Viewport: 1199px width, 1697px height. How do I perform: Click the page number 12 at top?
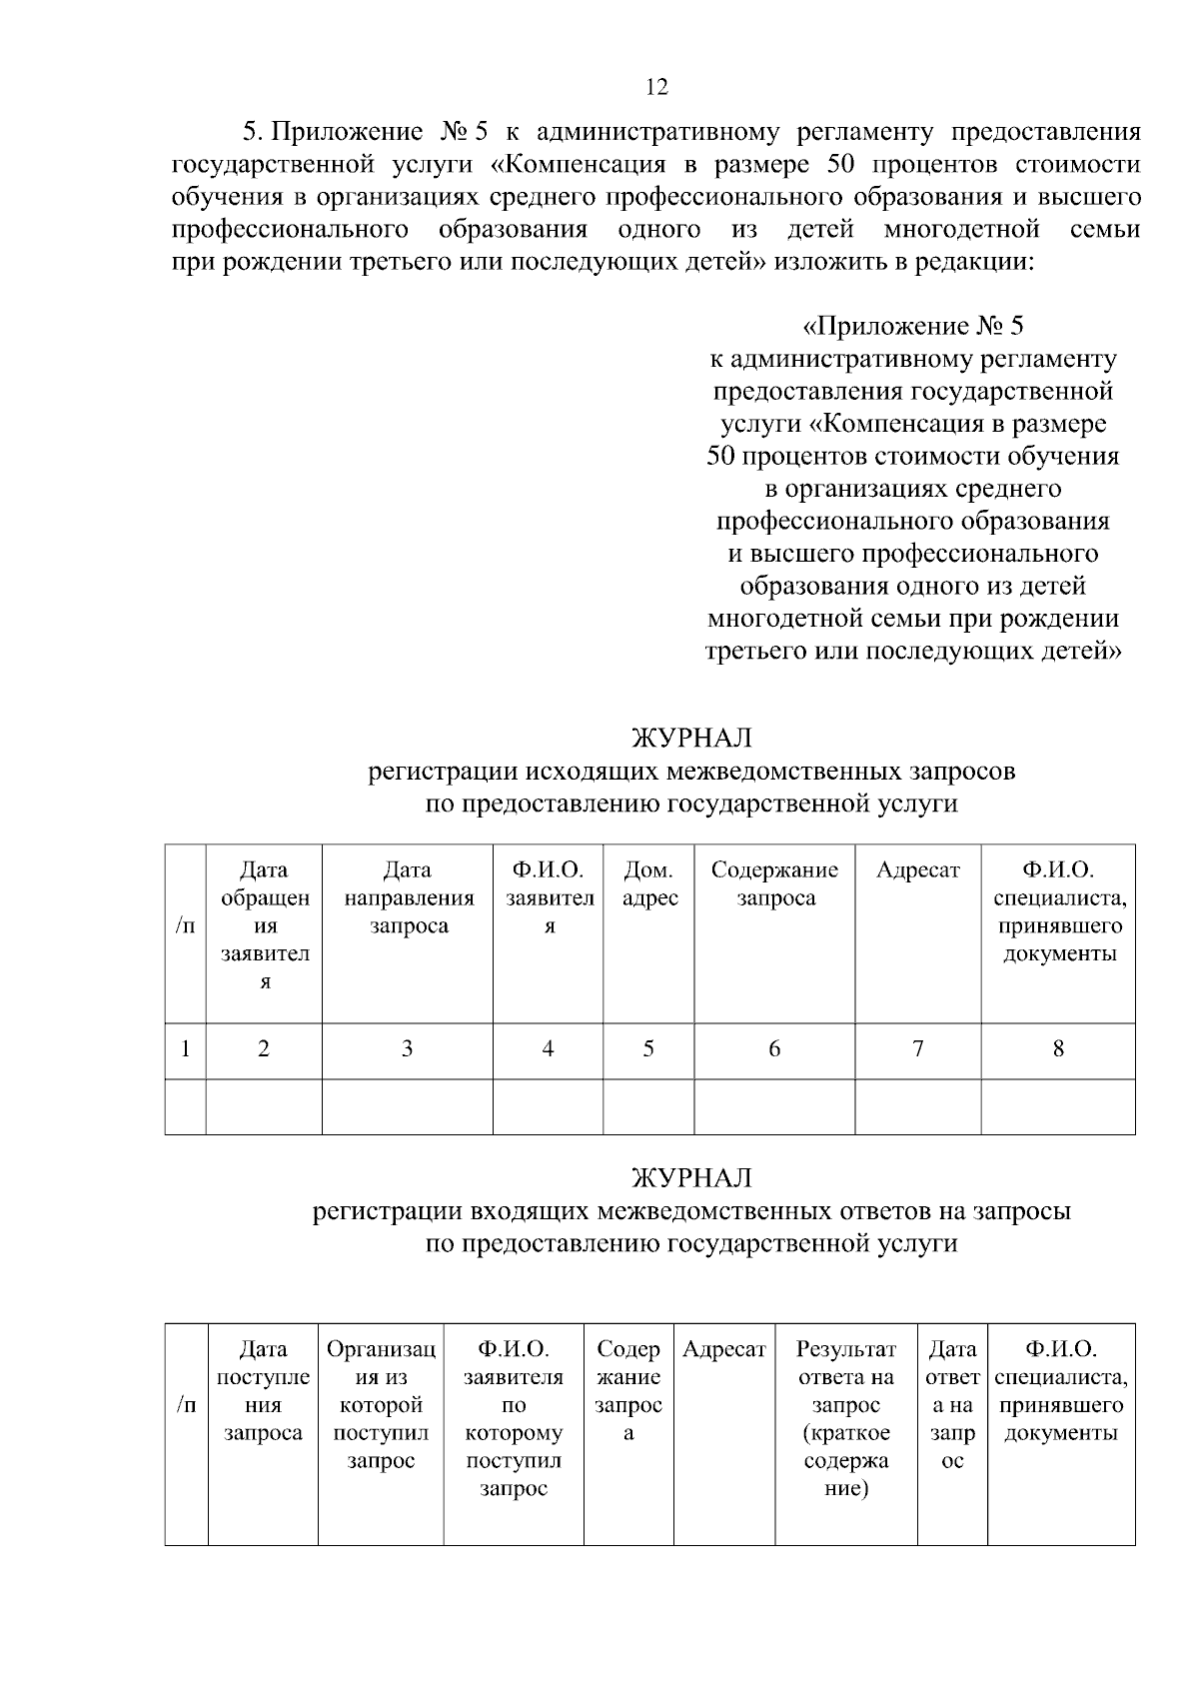coord(656,87)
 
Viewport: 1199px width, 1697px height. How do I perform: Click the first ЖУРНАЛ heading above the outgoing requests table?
coord(690,738)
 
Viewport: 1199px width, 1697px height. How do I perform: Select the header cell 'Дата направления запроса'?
coord(408,897)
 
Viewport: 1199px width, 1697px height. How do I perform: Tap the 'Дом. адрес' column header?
coord(648,883)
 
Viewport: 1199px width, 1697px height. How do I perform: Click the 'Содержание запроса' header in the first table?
coord(774,883)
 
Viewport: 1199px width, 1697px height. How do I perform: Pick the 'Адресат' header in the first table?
coord(917,869)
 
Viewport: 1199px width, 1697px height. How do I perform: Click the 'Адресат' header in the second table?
coord(723,1349)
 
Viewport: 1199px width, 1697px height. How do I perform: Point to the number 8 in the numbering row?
coord(1058,1048)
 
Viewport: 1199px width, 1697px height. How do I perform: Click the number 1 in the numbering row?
coord(185,1048)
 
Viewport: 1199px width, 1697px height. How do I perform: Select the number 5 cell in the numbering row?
coord(648,1048)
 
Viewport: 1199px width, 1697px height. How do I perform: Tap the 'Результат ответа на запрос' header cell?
coord(845,1419)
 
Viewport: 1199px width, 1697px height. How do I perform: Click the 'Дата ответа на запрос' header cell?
coord(952,1405)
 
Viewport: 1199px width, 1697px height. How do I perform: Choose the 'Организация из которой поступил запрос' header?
coord(381,1405)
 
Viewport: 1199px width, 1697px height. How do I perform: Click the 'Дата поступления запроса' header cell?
coord(263,1391)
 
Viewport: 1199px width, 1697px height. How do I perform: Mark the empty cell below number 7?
coord(917,1106)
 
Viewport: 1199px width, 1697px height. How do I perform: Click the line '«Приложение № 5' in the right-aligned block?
coord(913,326)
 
